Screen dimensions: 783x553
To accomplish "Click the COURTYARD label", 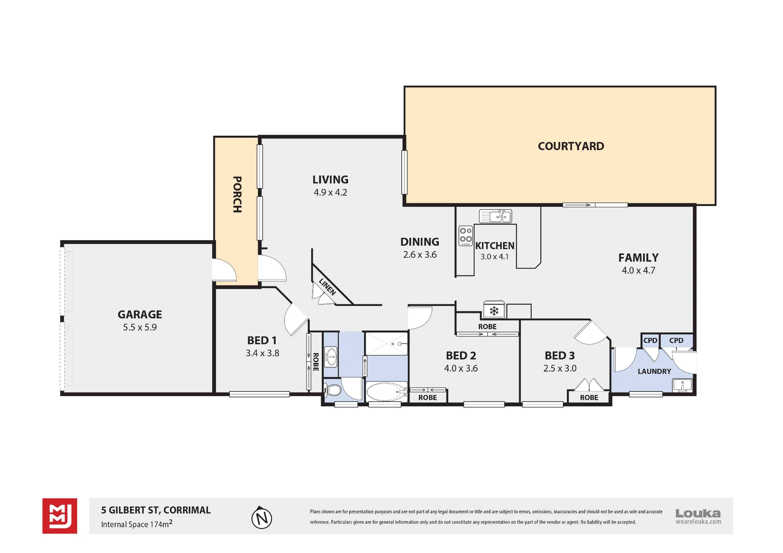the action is click(571, 146).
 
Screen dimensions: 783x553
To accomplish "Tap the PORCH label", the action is click(237, 194).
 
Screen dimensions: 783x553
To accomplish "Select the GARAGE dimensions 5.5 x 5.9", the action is click(140, 327).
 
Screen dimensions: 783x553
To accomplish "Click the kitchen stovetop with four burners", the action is click(465, 235).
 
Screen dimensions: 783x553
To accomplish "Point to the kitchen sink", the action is click(496, 216).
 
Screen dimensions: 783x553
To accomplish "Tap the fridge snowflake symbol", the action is click(494, 311).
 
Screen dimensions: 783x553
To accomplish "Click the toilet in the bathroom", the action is click(333, 390).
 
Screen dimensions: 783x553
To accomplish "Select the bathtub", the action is click(387, 391).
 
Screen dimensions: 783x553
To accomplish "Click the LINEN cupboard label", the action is click(327, 287).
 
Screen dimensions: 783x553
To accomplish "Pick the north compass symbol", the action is click(262, 517).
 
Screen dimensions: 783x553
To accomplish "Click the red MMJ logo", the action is click(60, 516).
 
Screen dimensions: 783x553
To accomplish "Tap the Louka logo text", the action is click(698, 513).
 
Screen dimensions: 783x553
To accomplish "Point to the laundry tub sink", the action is click(682, 386).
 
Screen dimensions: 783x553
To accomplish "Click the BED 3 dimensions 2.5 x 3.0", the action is click(560, 368).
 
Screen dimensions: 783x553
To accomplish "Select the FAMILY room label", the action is click(639, 258).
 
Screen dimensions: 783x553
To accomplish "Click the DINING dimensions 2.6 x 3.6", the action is click(420, 255).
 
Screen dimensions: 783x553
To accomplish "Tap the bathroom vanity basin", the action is click(331, 357).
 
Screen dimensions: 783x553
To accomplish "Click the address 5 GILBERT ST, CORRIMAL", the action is click(156, 510).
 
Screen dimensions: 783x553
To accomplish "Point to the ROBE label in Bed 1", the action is click(316, 362).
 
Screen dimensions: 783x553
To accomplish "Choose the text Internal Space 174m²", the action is click(137, 524).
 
